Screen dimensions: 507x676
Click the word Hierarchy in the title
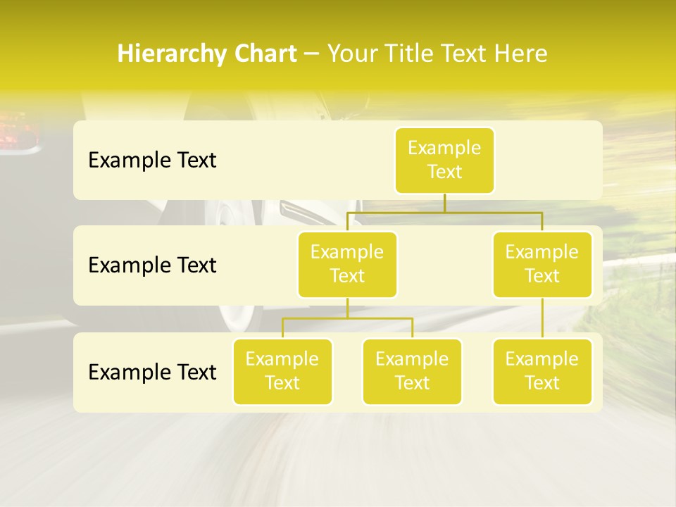coord(161,54)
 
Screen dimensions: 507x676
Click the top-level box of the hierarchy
coord(444,160)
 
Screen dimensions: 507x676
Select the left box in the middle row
coord(347,264)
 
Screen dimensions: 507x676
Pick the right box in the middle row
coord(542,264)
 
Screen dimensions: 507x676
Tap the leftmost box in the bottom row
coord(282,371)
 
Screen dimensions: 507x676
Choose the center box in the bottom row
coord(412,371)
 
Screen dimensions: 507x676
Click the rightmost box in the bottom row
coord(542,371)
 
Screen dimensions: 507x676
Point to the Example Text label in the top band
coord(152,161)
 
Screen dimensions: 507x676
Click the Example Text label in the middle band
coord(152,265)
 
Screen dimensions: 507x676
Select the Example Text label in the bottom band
coord(152,372)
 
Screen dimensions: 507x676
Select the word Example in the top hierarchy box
coord(444,148)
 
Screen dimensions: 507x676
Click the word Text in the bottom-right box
coord(542,383)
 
